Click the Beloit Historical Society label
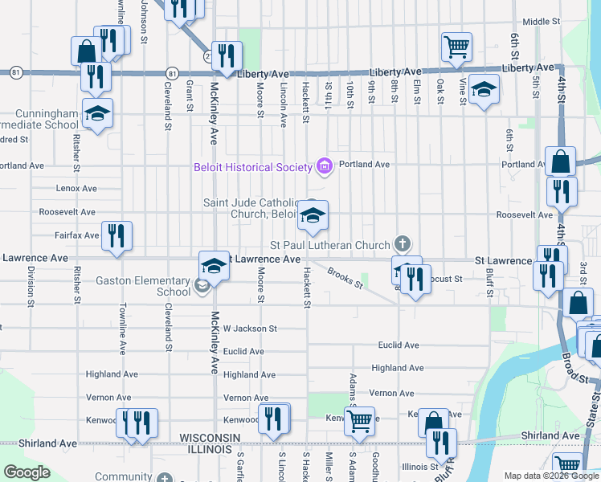pos(252,167)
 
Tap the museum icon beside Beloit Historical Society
pos(324,166)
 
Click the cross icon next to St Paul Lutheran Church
pos(403,243)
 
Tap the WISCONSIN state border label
pos(210,436)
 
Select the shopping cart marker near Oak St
pos(456,46)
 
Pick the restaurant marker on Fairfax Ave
pos(117,235)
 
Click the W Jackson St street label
pos(250,329)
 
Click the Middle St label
pos(540,22)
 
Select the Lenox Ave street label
pos(76,189)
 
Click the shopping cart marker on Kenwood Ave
pos(359,419)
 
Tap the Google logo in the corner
pos(27,472)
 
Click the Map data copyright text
pos(550,476)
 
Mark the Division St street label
pos(31,286)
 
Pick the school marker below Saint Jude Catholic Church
pos(313,214)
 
